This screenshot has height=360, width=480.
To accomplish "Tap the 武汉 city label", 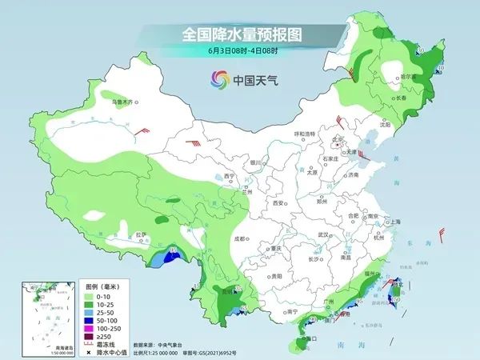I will [x=323, y=234].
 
